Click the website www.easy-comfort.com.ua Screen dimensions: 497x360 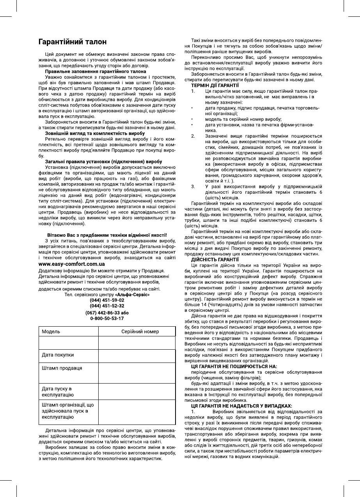73,264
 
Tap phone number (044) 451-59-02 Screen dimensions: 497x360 107,300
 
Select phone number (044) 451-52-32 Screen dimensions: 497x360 107,306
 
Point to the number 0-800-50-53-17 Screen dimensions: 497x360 107,318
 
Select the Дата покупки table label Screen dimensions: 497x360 58,355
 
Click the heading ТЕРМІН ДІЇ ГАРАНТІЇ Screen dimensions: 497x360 215,85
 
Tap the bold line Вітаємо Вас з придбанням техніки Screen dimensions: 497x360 107,235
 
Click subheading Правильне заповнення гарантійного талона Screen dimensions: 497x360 96,72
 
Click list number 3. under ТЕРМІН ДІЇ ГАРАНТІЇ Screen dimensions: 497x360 193,187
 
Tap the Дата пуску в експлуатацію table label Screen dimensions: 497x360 58,392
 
